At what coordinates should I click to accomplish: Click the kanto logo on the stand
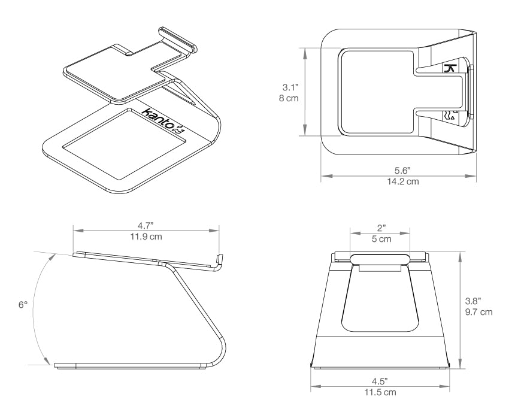point(163,122)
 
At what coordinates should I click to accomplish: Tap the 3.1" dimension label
point(290,87)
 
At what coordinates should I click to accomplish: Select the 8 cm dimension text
point(289,98)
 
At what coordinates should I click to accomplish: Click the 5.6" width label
point(402,171)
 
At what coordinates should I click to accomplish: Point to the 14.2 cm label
point(403,181)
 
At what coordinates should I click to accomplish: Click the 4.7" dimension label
point(146,226)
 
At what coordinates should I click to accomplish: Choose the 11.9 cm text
point(146,237)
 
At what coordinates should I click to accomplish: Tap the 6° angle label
point(23,305)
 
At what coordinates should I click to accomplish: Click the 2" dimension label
point(381,228)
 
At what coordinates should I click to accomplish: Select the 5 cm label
point(381,239)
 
